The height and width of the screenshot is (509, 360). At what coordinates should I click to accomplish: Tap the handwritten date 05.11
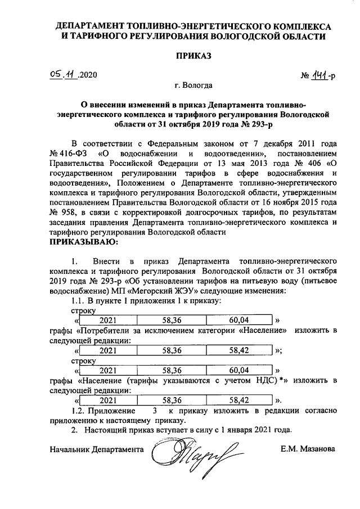[x=63, y=74]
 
